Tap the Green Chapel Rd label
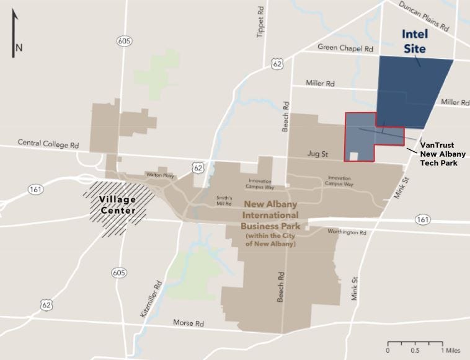(x=346, y=48)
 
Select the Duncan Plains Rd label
(x=423, y=16)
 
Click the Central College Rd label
(x=48, y=144)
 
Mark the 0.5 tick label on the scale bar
(x=415, y=350)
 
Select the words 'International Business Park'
(x=270, y=220)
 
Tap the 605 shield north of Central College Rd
(x=124, y=41)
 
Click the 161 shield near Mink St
(x=422, y=219)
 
